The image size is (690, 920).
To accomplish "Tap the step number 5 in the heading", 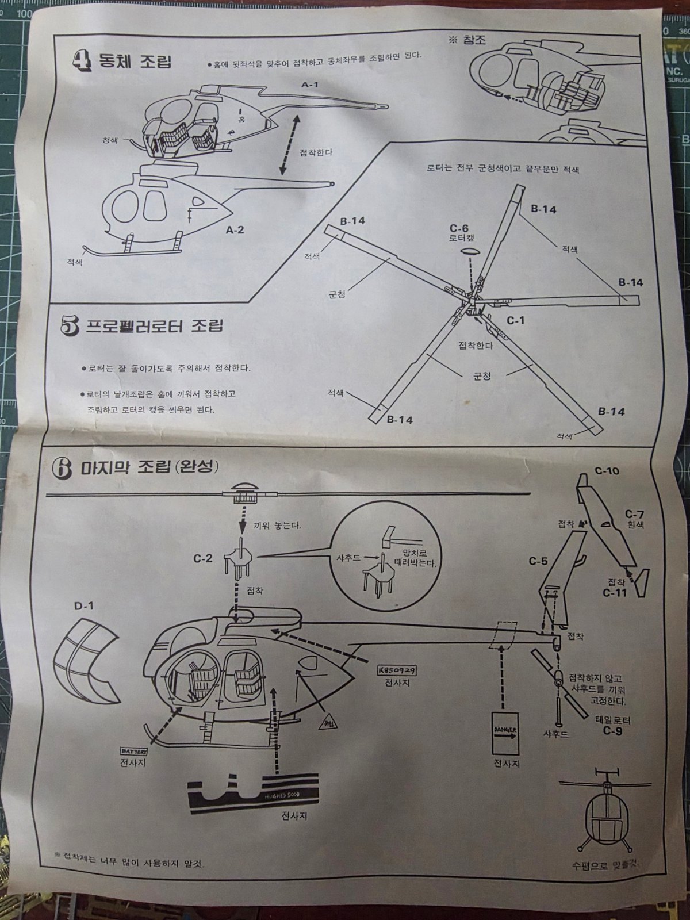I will click(x=70, y=327).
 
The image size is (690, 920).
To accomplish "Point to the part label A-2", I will click(x=235, y=230).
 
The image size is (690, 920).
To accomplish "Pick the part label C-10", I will click(x=607, y=471).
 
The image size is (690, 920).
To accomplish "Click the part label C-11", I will click(x=615, y=593).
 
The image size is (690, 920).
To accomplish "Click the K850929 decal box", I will click(x=397, y=670).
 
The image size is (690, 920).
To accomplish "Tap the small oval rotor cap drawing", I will click(x=470, y=252).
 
